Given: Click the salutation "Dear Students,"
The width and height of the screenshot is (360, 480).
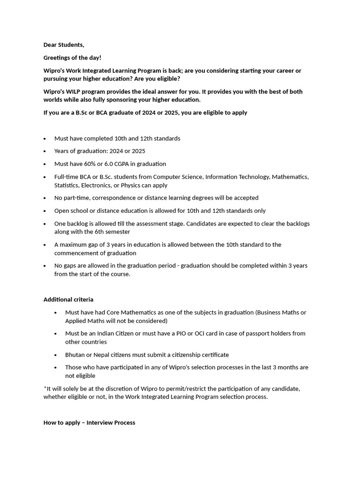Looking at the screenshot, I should pyautogui.click(x=64, y=45).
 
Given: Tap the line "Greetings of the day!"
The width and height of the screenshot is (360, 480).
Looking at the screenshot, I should pyautogui.click(x=72, y=58).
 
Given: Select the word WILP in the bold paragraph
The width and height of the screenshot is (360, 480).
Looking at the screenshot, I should pyautogui.click(x=75, y=91).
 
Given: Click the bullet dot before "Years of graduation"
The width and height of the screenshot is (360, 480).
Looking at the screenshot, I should pyautogui.click(x=45, y=151).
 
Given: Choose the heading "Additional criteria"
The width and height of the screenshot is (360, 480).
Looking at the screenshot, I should pyautogui.click(x=68, y=300).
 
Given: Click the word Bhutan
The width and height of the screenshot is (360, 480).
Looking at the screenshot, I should pyautogui.click(x=75, y=355).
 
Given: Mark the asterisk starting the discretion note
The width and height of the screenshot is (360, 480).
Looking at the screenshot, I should pyautogui.click(x=45, y=388).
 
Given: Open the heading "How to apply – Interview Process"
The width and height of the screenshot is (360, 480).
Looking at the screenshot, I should pyautogui.click(x=89, y=423).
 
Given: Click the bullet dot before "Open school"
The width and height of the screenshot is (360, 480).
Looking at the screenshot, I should pyautogui.click(x=45, y=211).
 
